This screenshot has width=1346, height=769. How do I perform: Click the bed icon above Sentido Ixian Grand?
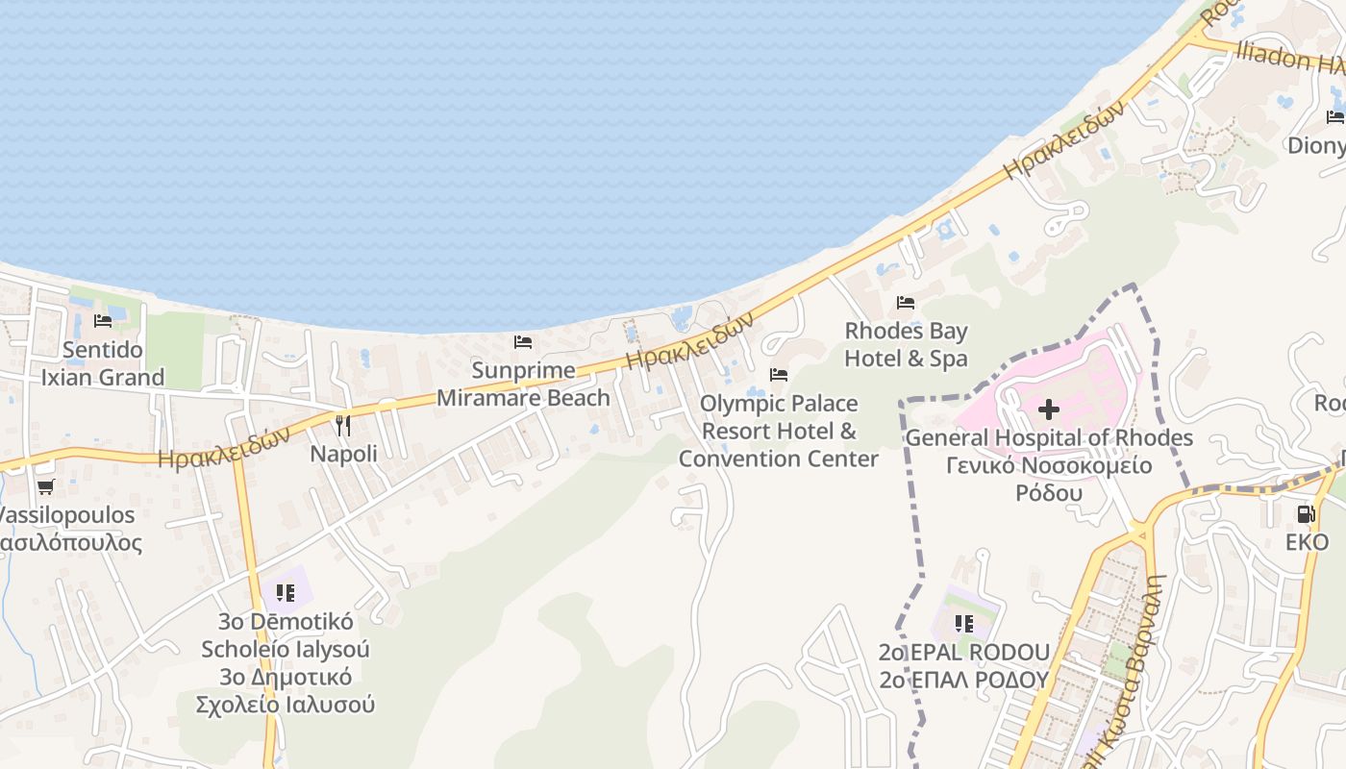pyautogui.click(x=103, y=321)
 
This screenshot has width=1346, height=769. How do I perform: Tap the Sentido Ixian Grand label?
pyautogui.click(x=103, y=363)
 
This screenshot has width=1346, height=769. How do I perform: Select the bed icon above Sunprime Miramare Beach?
pyautogui.click(x=523, y=342)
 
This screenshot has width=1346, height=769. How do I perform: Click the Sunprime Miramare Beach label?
pyautogui.click(x=523, y=384)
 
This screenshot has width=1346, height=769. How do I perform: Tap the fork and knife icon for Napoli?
pyautogui.click(x=343, y=425)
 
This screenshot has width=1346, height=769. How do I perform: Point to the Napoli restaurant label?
pyautogui.click(x=343, y=454)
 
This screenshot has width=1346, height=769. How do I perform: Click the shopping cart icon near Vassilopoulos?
pyautogui.click(x=45, y=487)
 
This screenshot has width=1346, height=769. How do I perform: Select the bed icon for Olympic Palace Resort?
pyautogui.click(x=779, y=375)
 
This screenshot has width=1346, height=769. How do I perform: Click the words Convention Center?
pyautogui.click(x=779, y=459)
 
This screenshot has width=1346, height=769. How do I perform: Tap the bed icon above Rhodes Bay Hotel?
pyautogui.click(x=906, y=303)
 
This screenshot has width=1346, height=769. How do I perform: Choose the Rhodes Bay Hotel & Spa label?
pyautogui.click(x=906, y=345)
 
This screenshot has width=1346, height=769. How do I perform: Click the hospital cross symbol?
pyautogui.click(x=1049, y=410)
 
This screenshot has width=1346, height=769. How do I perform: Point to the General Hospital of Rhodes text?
pyautogui.click(x=1049, y=438)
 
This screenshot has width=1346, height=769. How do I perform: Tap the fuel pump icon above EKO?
pyautogui.click(x=1306, y=514)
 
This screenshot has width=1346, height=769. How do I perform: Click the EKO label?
pyautogui.click(x=1307, y=542)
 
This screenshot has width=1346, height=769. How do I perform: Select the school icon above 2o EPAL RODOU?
pyautogui.click(x=964, y=624)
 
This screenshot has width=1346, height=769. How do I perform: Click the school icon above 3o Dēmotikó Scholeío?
pyautogui.click(x=285, y=593)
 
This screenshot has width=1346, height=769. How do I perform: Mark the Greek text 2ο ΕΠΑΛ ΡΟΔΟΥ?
pyautogui.click(x=963, y=680)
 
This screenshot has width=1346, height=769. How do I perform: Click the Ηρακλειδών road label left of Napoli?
pyautogui.click(x=224, y=449)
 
